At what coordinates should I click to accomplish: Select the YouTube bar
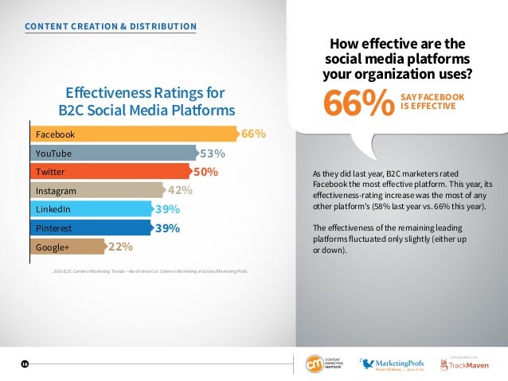pyautogui.click(x=112, y=153)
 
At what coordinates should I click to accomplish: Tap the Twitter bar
pyautogui.click(x=109, y=172)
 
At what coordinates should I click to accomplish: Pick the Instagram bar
pyautogui.click(x=96, y=191)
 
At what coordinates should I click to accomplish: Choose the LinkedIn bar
pyautogui.click(x=90, y=210)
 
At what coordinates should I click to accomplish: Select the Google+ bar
pyautogui.click(x=67, y=247)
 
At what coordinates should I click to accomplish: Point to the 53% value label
pyautogui.click(x=213, y=154)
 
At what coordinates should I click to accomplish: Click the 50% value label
pyautogui.click(x=206, y=172)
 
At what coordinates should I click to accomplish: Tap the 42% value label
pyautogui.click(x=180, y=191)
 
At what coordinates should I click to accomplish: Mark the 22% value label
pyautogui.click(x=120, y=247)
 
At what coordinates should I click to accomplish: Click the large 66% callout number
pyautogui.click(x=358, y=103)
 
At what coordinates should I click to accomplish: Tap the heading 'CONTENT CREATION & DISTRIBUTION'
pyautogui.click(x=111, y=27)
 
